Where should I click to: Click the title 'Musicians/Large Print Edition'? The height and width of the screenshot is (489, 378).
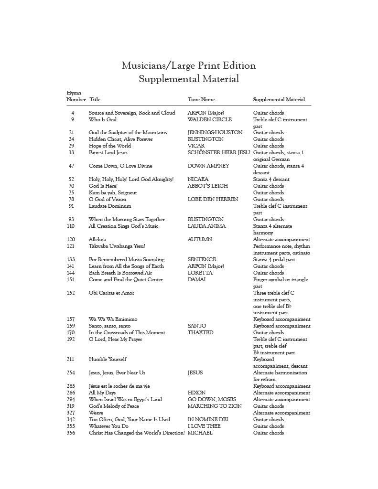pos(189,65)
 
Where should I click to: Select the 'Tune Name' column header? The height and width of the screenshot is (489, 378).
pos(201,100)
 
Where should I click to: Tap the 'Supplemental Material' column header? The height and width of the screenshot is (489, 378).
pos(279,100)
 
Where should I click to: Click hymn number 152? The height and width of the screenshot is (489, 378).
pos(71,293)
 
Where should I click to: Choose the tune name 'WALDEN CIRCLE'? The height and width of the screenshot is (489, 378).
pos(209,119)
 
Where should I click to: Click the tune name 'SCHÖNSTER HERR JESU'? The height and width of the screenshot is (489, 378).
pos(218,153)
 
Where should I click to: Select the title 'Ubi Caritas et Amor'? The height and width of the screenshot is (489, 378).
pos(111,293)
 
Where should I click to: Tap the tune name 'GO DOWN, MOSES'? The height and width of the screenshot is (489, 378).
pos(212,400)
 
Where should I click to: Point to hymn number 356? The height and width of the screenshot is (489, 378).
pos(71,433)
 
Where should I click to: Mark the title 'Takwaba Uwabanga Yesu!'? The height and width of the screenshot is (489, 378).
pos(117,246)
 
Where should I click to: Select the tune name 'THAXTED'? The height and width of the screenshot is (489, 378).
pos(200,333)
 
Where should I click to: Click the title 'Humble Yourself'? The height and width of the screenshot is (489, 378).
pos(108,360)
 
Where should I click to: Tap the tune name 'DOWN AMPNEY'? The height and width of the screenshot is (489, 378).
pos(208,166)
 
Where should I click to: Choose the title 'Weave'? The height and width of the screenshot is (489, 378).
pos(96,413)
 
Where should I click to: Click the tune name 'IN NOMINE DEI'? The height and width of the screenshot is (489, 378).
pos(208,420)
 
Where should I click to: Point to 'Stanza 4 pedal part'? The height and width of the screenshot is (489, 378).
pos(275,260)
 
